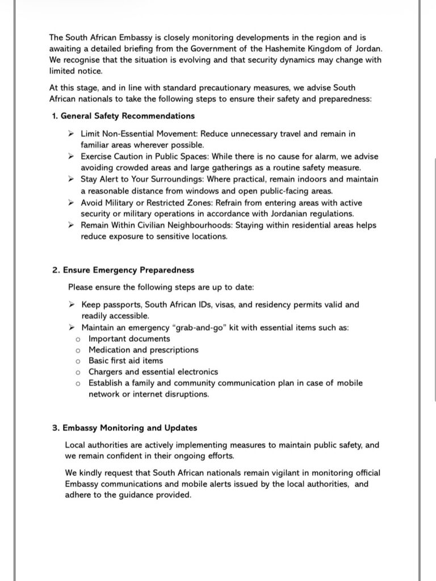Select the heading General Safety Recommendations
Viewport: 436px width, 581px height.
[127, 116]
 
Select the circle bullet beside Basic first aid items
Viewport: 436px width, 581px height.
[78, 360]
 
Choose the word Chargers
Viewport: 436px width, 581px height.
[106, 372]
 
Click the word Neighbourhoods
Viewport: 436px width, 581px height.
[223, 225]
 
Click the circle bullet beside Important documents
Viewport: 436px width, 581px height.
[78, 339]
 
